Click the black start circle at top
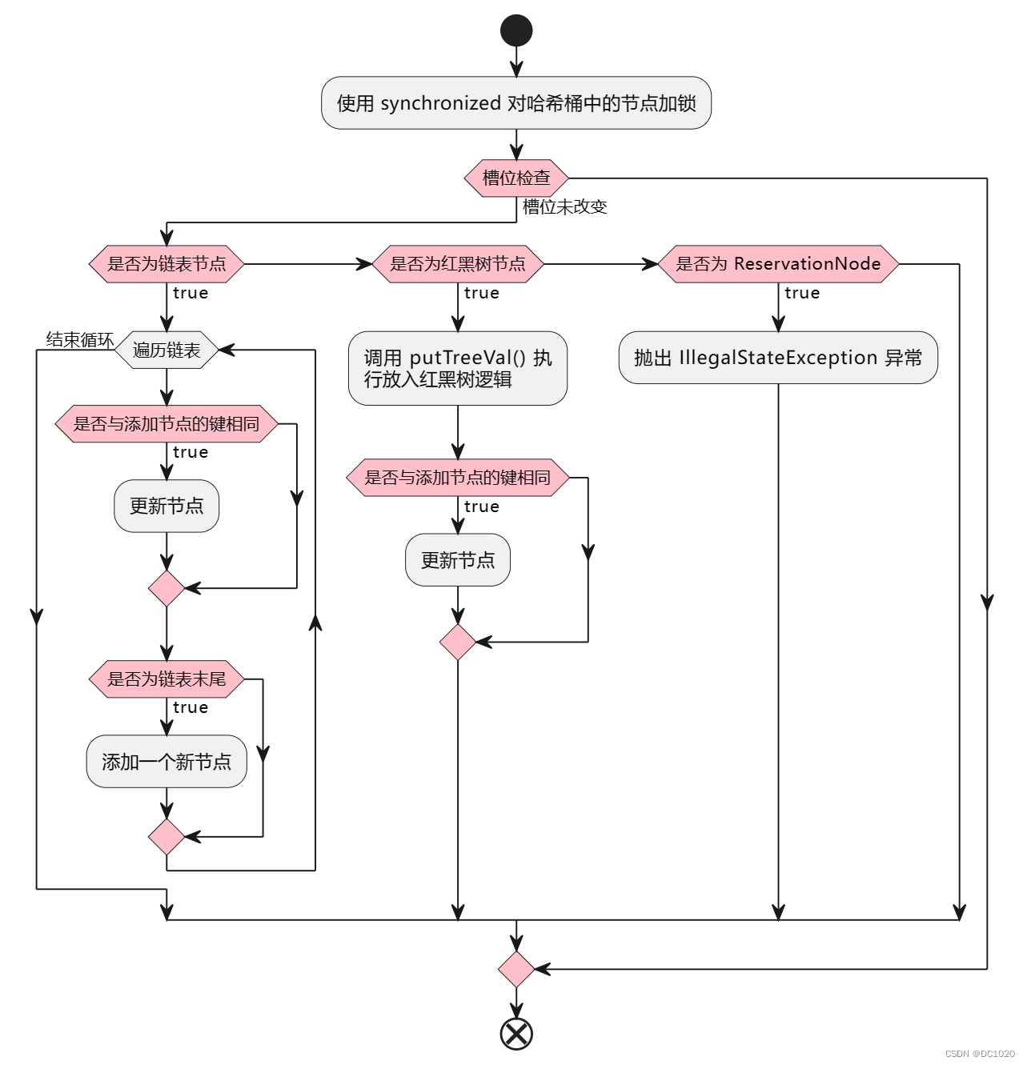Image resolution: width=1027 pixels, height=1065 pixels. [x=516, y=30]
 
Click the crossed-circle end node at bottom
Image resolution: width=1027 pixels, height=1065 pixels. [x=516, y=1033]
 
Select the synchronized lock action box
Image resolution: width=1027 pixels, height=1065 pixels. [x=516, y=103]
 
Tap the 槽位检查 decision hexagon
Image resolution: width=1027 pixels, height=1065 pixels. [x=516, y=178]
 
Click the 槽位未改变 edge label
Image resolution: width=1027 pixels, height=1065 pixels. [x=564, y=206]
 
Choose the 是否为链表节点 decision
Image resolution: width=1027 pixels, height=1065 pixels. [x=166, y=264]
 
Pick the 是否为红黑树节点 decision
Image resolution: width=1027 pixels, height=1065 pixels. [x=458, y=264]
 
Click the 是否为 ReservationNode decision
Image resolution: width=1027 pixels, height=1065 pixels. [x=778, y=264]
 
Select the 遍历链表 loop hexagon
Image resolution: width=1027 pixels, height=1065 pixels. [x=166, y=350]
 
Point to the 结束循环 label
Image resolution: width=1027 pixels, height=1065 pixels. [x=79, y=339]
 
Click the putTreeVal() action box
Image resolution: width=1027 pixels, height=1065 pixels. [x=458, y=368]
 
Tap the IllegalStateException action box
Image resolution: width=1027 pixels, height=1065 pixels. [x=778, y=358]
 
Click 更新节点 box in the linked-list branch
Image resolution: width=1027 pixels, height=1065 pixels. [x=166, y=506]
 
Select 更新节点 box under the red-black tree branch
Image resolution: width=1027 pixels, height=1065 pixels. [x=458, y=560]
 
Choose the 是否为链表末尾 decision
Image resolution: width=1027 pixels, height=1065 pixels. [x=166, y=679]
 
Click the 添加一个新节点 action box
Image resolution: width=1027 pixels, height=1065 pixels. [x=166, y=762]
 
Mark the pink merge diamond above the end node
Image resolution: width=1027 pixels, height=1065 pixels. [x=516, y=969]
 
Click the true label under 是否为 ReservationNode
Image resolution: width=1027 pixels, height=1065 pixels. [x=802, y=293]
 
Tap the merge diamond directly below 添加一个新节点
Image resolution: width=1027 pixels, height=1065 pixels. [x=166, y=837]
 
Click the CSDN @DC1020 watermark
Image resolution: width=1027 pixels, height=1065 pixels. [x=980, y=1054]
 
